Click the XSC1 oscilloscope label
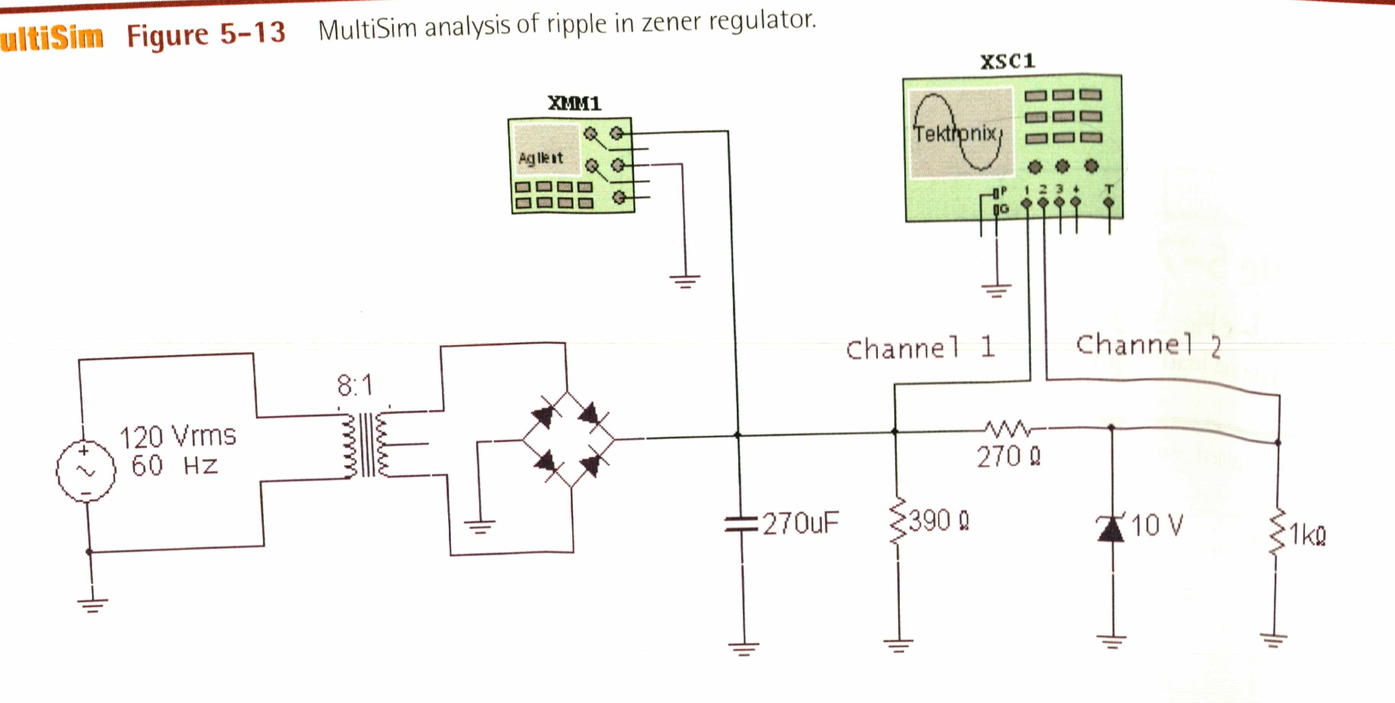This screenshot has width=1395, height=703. click(1007, 61)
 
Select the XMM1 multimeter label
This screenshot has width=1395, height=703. click(574, 104)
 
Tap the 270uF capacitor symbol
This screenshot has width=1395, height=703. click(741, 524)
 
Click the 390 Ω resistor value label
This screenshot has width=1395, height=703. click(939, 521)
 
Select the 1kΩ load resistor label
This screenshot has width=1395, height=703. click(1307, 536)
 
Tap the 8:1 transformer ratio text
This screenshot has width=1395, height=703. click(354, 386)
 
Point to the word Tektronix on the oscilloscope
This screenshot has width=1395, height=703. click(955, 134)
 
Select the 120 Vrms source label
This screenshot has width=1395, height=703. click(177, 437)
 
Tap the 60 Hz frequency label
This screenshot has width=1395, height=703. click(174, 466)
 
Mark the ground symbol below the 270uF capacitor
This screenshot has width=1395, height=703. click(743, 649)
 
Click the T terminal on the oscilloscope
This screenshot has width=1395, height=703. click(1109, 202)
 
